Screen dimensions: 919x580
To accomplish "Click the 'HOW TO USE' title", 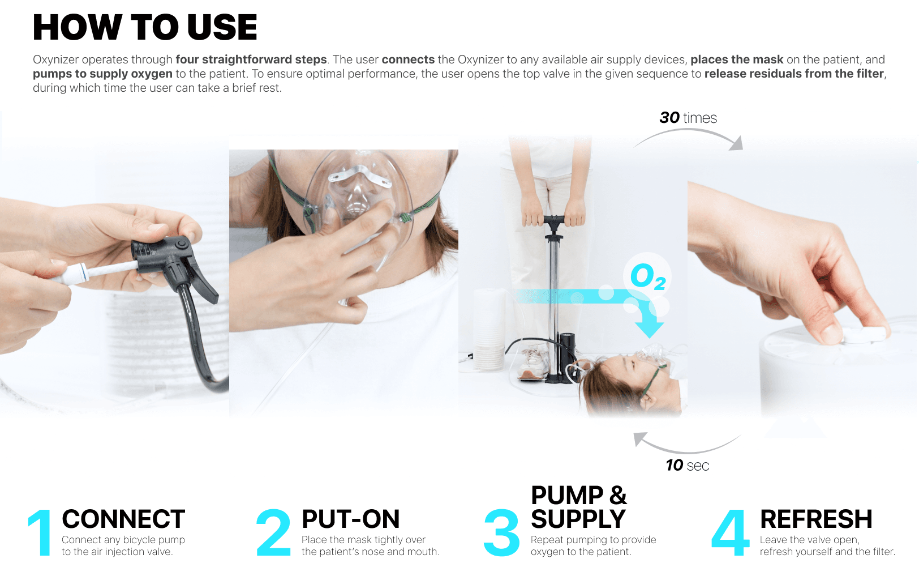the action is (x=145, y=28).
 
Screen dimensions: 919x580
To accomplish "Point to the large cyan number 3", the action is (x=502, y=532).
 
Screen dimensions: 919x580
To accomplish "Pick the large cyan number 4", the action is (x=731, y=532).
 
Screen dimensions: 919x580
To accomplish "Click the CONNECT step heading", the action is (x=123, y=519).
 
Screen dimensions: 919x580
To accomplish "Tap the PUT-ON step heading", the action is (x=351, y=519).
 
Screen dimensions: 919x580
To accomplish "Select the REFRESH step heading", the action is (x=816, y=519).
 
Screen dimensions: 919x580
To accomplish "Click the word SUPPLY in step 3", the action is (x=578, y=519).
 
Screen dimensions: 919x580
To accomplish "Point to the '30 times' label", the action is (x=688, y=118).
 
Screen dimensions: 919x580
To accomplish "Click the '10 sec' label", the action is (x=687, y=466).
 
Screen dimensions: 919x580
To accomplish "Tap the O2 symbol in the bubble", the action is (x=647, y=276).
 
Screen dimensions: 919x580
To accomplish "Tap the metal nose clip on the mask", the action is (x=359, y=174).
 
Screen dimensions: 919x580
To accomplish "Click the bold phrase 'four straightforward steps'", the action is (x=251, y=59).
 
